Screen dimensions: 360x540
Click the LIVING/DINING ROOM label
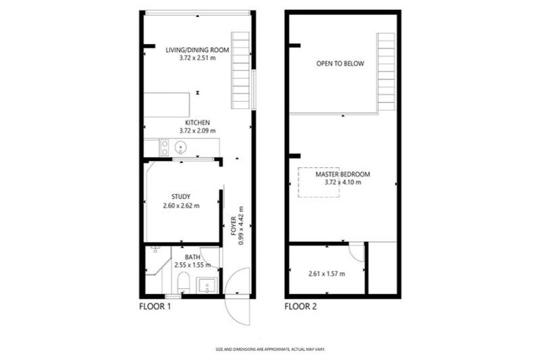[x=198, y=50]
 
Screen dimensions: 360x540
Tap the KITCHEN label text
[x=198, y=122]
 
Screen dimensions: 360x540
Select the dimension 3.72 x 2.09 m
[x=198, y=131]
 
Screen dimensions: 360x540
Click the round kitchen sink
[x=181, y=148]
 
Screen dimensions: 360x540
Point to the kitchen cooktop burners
[x=164, y=148]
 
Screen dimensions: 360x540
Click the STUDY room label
[x=181, y=197]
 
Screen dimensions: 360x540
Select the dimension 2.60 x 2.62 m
[x=181, y=206]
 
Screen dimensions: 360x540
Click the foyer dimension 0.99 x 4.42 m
[x=241, y=224]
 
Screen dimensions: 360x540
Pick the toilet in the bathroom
[x=182, y=283]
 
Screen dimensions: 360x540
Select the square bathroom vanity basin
[x=207, y=285]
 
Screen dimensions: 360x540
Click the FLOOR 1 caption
[x=155, y=307]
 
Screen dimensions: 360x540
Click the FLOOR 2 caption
[x=302, y=307]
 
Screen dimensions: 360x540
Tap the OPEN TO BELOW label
[x=340, y=64]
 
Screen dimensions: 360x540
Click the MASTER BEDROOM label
[x=343, y=174]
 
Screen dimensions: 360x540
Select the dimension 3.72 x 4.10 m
[x=343, y=183]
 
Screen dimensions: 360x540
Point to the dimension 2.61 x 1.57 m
[x=327, y=273]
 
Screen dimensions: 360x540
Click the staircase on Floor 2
[x=386, y=70]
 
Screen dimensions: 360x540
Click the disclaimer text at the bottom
[x=270, y=349]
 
